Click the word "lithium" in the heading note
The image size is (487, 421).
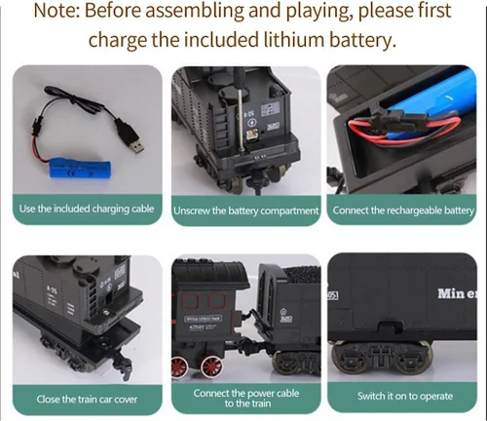coord(294,40)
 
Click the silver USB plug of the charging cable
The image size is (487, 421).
coord(137,147)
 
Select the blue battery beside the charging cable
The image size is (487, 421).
coord(80,168)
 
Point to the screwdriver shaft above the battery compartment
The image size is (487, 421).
coord(241,119)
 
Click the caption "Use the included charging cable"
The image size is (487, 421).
coord(87,209)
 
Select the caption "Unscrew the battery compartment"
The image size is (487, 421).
coord(245,211)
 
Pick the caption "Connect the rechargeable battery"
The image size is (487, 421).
coord(403,210)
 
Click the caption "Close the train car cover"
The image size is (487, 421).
coord(87,399)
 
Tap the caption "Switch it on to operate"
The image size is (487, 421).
coord(405,396)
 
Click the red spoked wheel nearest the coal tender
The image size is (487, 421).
coord(212,366)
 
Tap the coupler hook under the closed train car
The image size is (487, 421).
coord(125,364)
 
